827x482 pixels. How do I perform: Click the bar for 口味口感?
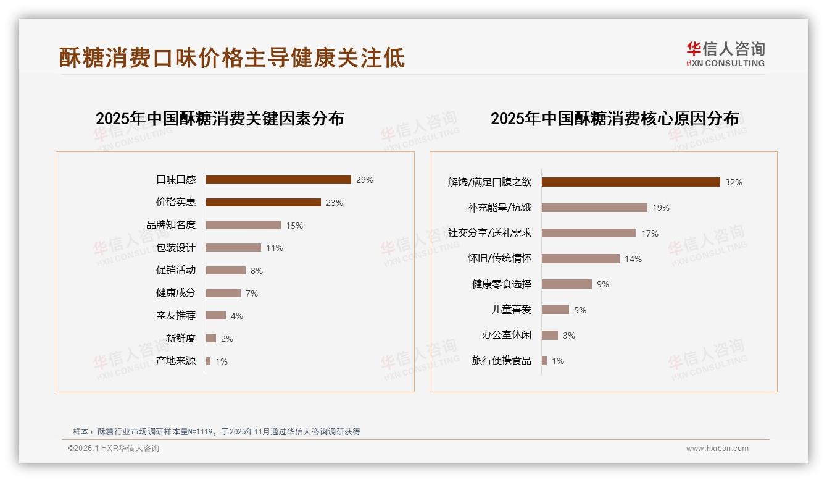tap(278, 180)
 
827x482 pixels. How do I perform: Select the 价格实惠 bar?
tap(263, 202)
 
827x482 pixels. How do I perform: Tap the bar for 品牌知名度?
tap(243, 225)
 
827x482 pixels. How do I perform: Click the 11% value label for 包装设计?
tap(275, 248)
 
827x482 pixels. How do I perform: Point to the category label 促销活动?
tap(176, 270)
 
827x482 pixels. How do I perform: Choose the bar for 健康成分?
tap(223, 293)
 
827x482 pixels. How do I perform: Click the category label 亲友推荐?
tap(176, 316)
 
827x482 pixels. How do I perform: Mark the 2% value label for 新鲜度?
tap(227, 339)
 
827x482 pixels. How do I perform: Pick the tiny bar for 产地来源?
tap(209, 361)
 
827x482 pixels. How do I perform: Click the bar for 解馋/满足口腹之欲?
tap(631, 182)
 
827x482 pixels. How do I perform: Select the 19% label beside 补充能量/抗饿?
tap(661, 208)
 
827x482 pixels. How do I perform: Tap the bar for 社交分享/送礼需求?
tap(589, 233)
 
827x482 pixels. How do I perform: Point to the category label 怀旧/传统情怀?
tap(499, 258)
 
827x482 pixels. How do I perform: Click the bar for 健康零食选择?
tap(567, 284)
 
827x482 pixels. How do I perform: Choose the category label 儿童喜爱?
tap(512, 310)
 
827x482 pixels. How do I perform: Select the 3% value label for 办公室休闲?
tap(569, 336)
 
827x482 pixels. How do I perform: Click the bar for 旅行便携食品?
tap(544, 361)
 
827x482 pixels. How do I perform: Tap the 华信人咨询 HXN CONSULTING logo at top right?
tap(725, 54)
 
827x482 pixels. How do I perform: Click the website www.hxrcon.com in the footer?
tap(717, 449)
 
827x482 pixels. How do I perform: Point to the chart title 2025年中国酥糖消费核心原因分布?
tap(615, 119)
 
